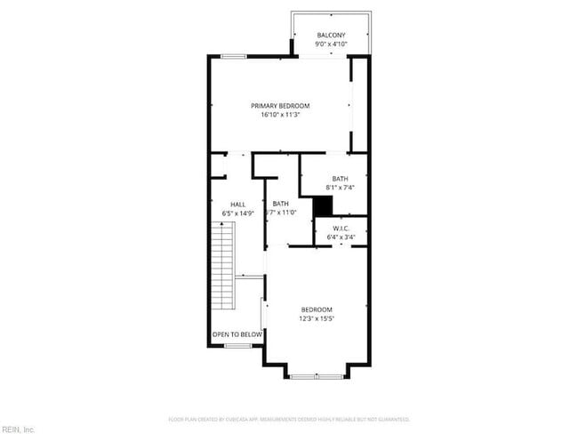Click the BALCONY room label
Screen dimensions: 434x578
coord(331,36)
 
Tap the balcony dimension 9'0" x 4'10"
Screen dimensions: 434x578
coord(331,44)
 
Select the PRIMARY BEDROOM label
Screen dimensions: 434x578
coord(280,106)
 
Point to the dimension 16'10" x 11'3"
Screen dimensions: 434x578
coord(280,115)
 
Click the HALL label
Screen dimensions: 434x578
coord(237,205)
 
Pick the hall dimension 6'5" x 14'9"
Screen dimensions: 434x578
coord(237,213)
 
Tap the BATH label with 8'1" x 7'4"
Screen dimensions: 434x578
coord(340,179)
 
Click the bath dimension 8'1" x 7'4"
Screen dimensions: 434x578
coord(340,188)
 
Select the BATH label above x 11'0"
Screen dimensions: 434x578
coord(281,204)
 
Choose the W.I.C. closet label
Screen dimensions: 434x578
coord(340,228)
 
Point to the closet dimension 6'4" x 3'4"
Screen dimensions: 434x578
coord(340,237)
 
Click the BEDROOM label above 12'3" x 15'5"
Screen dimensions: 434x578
coord(316,309)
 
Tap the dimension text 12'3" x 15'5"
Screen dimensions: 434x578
coord(316,318)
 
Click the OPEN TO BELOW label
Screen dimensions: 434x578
coord(237,334)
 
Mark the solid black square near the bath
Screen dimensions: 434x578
coord(322,205)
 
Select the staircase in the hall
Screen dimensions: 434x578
coord(222,266)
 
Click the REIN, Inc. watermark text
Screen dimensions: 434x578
coord(18,429)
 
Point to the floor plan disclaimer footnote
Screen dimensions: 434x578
coord(289,419)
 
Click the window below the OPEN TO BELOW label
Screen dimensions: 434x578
coord(237,345)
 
